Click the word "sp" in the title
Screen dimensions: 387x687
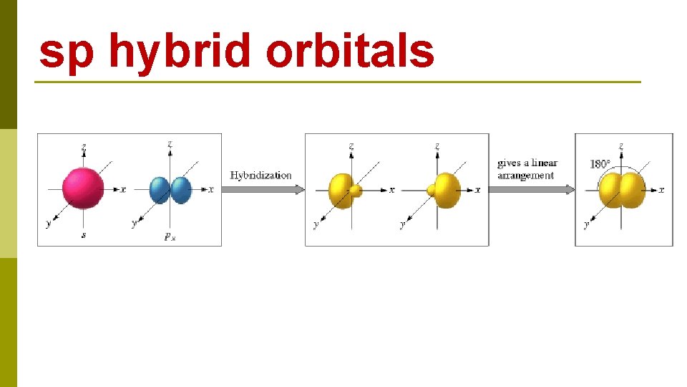(66, 53)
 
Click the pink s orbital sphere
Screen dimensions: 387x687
(83, 187)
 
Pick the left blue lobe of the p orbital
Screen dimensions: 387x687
(159, 190)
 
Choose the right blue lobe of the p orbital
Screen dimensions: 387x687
(181, 190)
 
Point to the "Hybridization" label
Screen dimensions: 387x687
(260, 176)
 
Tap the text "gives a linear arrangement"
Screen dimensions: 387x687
(527, 169)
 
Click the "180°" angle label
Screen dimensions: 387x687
(600, 164)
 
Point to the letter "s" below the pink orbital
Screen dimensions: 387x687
(84, 234)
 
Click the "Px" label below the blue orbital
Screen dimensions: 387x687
(170, 236)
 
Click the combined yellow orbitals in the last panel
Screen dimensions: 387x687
(621, 190)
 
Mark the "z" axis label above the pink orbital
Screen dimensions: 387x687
(84, 147)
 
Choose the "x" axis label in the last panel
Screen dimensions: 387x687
(661, 190)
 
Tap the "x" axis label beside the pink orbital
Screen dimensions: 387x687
(123, 190)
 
